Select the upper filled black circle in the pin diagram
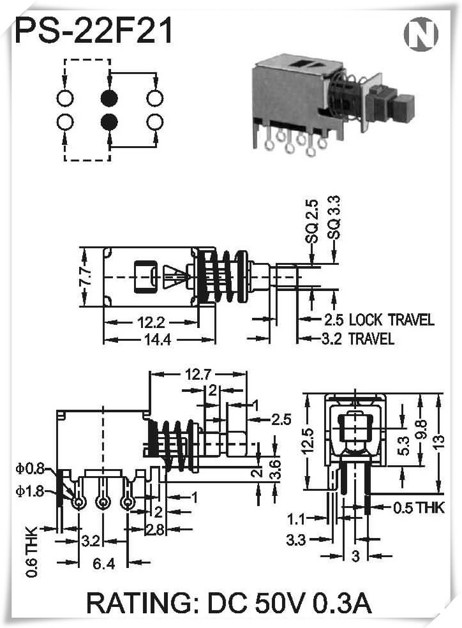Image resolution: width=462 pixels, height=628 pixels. pyautogui.click(x=109, y=98)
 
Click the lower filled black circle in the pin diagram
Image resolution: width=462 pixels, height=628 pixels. pyautogui.click(x=109, y=121)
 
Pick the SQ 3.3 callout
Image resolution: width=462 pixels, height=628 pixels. pyautogui.click(x=334, y=218)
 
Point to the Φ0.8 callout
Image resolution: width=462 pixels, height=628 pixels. pyautogui.click(x=30, y=469)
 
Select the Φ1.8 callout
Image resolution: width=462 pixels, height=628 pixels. pyautogui.click(x=30, y=491)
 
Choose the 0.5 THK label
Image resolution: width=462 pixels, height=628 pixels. pyautogui.click(x=418, y=508)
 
